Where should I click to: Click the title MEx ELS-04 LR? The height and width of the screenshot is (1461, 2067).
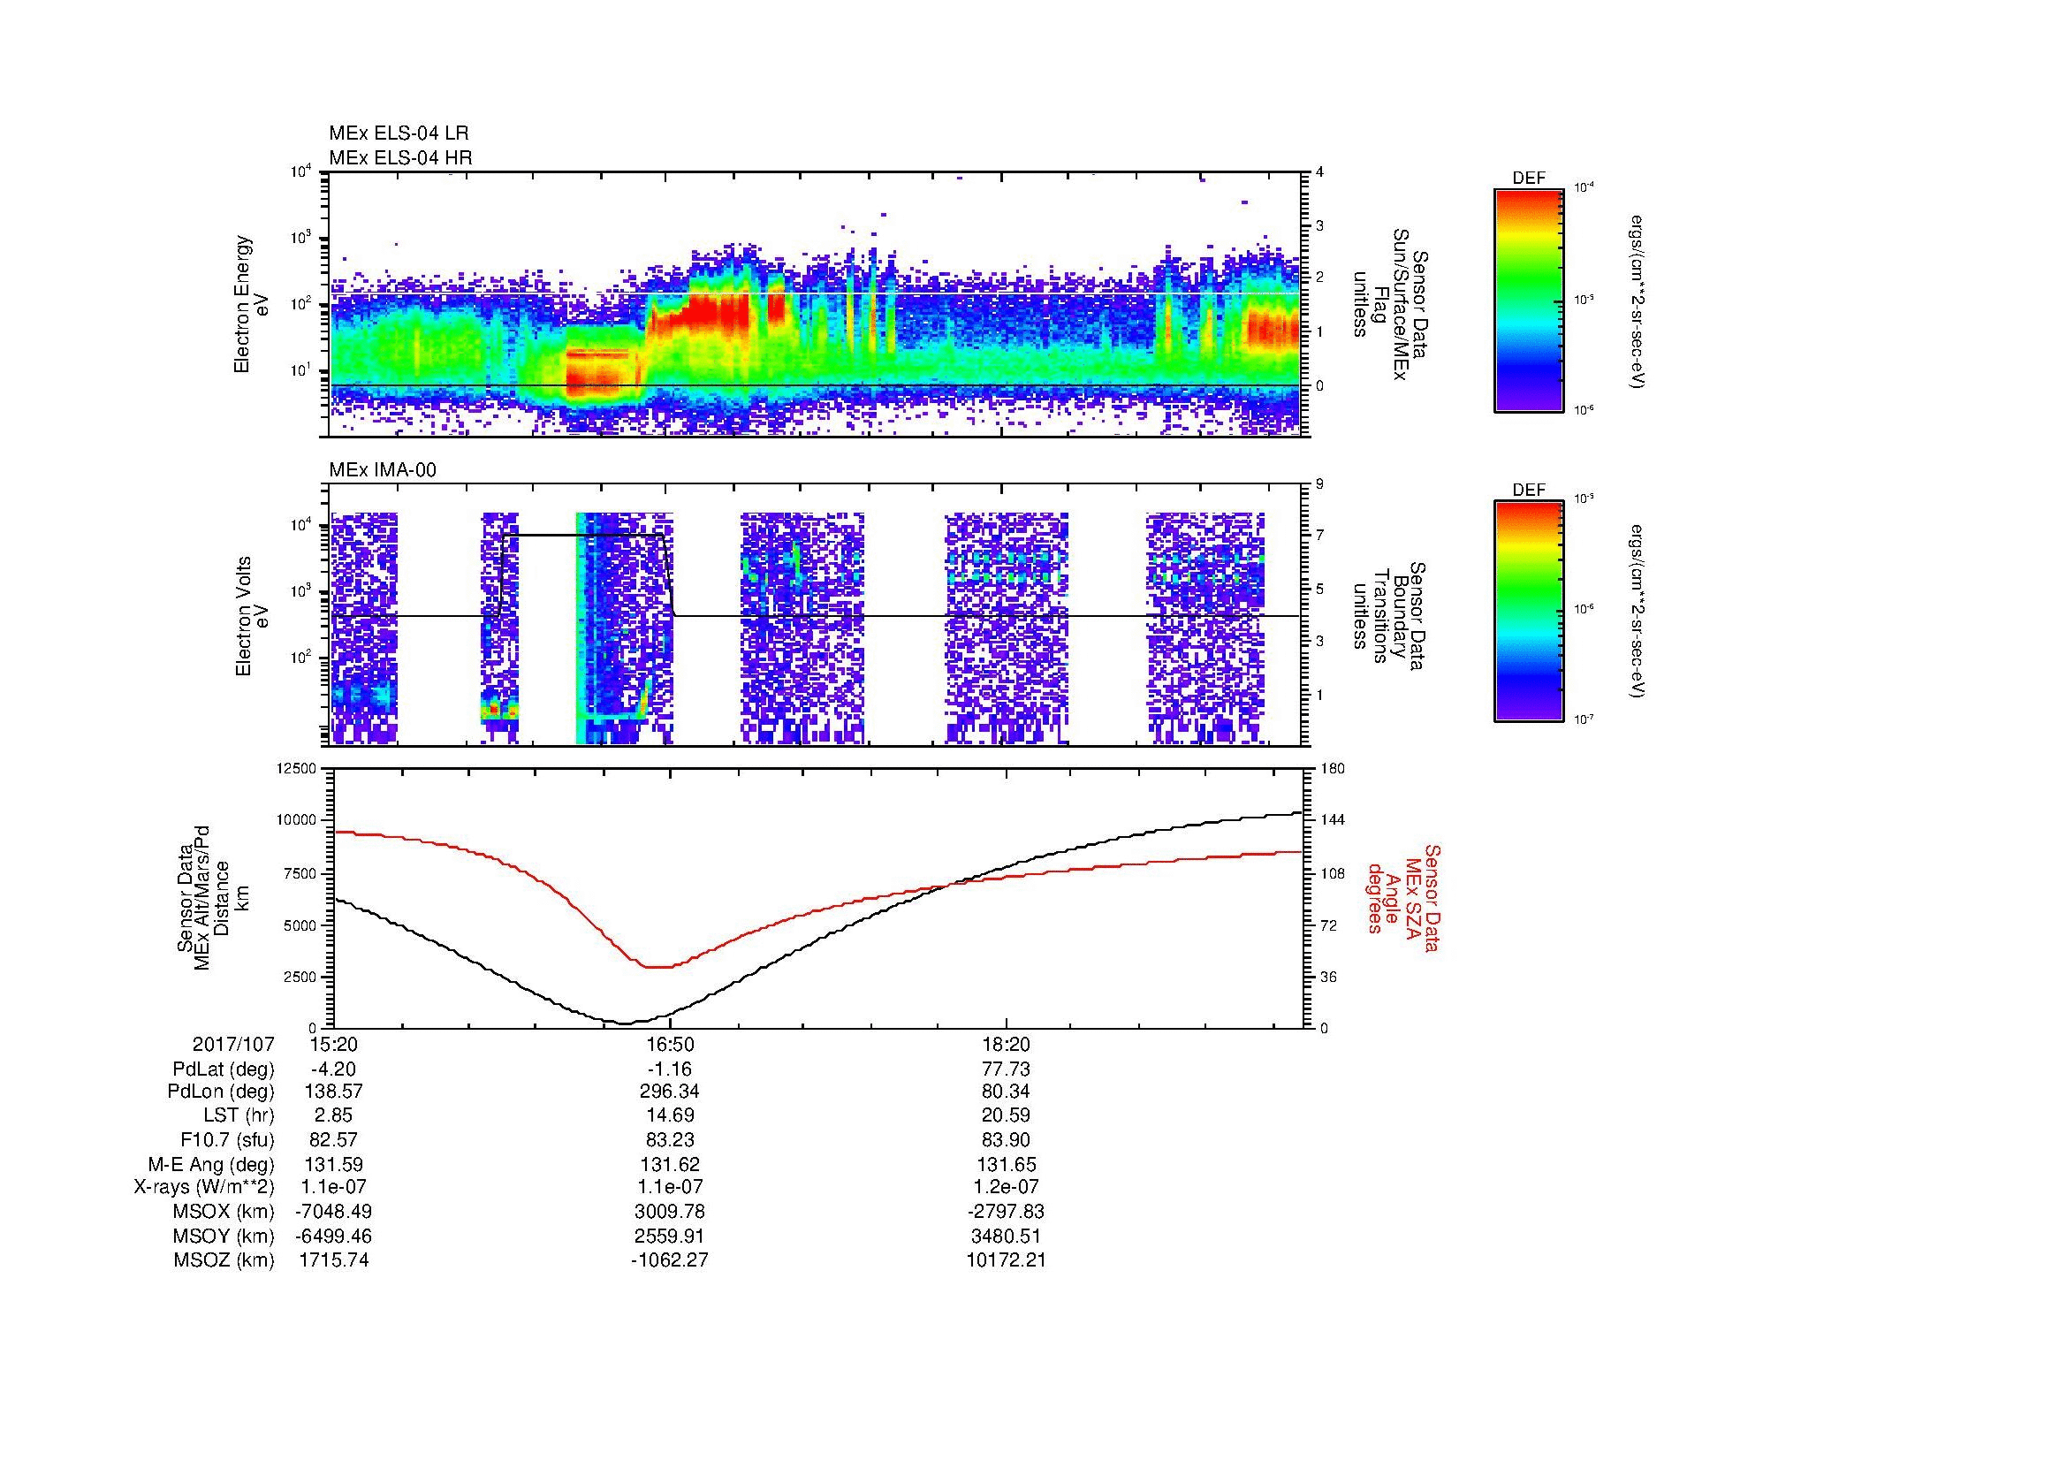(399, 133)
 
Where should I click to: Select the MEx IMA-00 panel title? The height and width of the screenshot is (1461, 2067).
(383, 470)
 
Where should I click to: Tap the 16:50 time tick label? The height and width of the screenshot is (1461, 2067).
(670, 1044)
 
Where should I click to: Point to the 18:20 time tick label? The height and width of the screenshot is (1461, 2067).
(1006, 1044)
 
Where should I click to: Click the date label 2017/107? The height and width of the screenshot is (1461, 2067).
(233, 1044)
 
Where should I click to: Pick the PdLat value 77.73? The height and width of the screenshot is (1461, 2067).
(1006, 1069)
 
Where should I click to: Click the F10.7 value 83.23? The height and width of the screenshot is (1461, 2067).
(670, 1139)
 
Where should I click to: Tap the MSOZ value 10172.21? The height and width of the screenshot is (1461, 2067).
(1006, 1260)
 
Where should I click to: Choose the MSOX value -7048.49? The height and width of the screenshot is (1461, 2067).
(333, 1212)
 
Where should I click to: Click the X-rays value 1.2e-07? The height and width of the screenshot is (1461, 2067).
(1006, 1187)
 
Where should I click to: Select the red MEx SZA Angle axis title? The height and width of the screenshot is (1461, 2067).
(1402, 897)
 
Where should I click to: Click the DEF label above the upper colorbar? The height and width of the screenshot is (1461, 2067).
(1529, 179)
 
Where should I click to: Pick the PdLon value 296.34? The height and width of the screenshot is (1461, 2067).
(670, 1091)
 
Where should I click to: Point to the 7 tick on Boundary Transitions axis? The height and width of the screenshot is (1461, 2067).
(1319, 536)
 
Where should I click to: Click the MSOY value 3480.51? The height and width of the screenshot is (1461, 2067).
(1006, 1236)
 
